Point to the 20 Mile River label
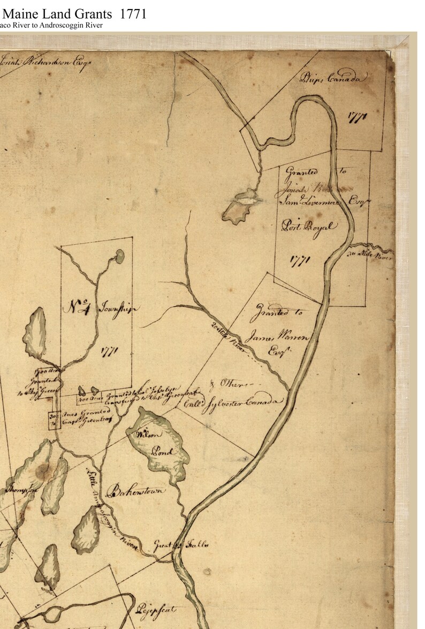click(x=230, y=340)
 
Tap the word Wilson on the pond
click(x=145, y=433)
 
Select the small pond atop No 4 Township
click(x=119, y=256)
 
